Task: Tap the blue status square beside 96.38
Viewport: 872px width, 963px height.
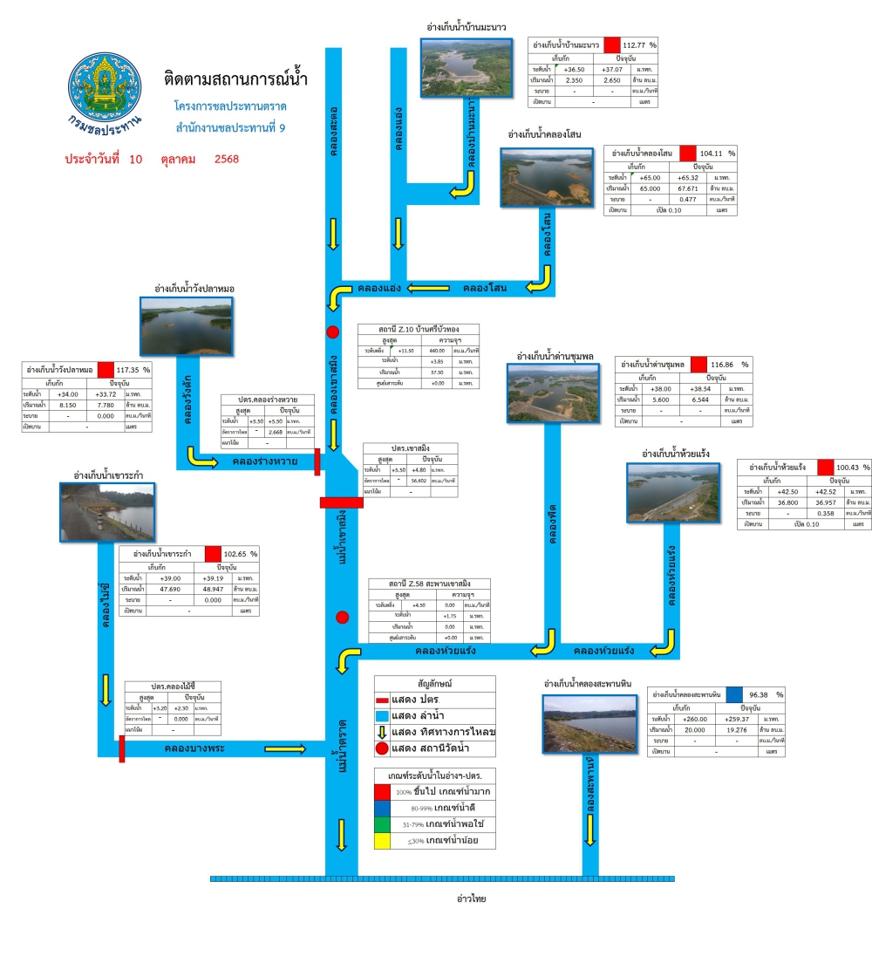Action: coord(733,695)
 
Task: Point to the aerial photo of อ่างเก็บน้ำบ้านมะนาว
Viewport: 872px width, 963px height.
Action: coord(467,67)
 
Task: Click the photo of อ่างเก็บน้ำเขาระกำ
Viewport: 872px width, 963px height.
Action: coord(108,511)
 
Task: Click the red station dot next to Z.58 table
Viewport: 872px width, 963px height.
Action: coord(342,618)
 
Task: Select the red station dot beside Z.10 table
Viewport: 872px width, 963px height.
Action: coord(332,331)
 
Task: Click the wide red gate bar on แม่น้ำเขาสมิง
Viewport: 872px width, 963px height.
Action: coord(341,502)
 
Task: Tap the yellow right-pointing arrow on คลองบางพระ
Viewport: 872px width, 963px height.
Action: coord(285,748)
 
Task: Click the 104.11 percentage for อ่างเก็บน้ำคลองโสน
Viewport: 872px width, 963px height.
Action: coord(713,154)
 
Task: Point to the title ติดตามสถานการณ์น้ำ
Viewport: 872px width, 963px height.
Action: coord(235,80)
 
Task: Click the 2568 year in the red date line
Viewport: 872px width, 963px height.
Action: coord(226,160)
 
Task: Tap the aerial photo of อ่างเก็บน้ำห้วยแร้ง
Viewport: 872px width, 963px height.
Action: coord(673,492)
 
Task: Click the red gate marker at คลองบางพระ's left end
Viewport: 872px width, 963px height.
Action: coord(121,748)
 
